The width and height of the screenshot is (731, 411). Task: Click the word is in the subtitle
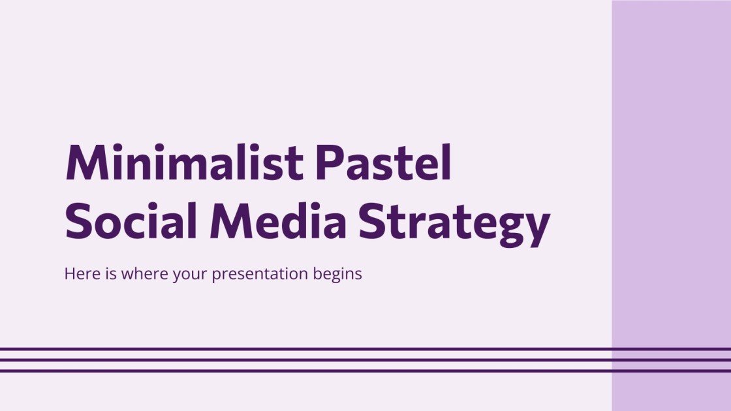tap(108, 274)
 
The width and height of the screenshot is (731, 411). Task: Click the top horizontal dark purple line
tap(365, 349)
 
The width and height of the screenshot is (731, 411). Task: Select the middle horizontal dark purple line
tap(365, 359)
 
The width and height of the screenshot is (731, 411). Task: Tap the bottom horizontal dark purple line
tap(365, 371)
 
